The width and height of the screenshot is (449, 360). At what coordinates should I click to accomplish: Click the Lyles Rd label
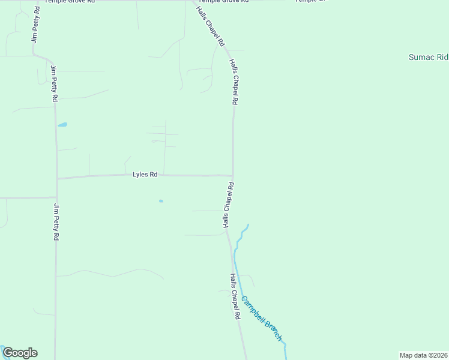[145, 175]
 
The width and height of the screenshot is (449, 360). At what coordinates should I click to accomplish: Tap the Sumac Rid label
[428, 57]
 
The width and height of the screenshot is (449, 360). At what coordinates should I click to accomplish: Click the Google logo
[20, 353]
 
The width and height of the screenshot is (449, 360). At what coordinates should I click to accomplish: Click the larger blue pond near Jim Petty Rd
[62, 125]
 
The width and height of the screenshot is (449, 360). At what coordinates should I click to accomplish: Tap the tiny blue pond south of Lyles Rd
[161, 201]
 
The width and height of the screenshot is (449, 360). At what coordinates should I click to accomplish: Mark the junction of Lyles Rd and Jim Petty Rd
[57, 178]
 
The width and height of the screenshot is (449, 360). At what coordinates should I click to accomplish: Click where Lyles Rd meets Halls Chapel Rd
[233, 176]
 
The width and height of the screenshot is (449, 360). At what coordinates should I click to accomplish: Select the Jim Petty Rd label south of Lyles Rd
[56, 222]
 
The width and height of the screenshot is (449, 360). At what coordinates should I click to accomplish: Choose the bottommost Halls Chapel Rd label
[235, 296]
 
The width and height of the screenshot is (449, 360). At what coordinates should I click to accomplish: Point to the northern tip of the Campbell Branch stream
[247, 225]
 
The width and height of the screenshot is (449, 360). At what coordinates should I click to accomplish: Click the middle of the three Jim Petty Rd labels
[54, 83]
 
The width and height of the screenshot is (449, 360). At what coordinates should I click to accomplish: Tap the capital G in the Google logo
[8, 353]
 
